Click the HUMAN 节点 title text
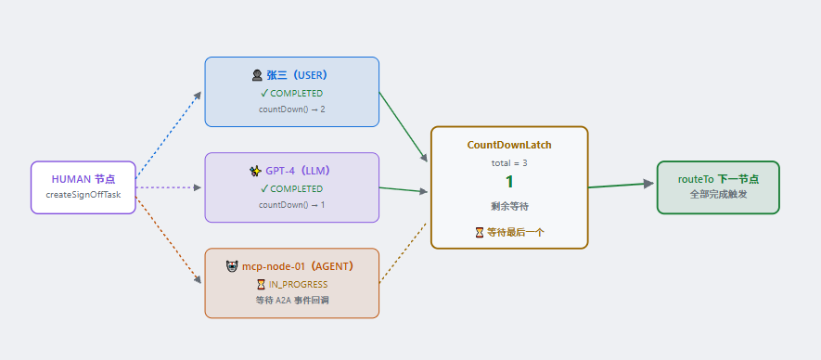pos(83,179)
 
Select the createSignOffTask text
pos(83,195)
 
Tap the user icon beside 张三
pos(257,75)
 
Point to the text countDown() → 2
pos(291,109)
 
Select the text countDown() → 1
pos(291,205)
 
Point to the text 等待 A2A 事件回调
pos(291,301)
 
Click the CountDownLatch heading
pos(509,145)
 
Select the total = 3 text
pos(509,163)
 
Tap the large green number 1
pos(509,182)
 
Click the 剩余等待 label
pos(509,207)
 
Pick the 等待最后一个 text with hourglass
pos(509,233)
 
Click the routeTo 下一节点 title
pos(718,179)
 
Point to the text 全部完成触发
pos(718,195)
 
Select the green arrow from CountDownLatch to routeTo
pos(621,186)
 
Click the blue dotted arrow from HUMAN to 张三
pos(168,135)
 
